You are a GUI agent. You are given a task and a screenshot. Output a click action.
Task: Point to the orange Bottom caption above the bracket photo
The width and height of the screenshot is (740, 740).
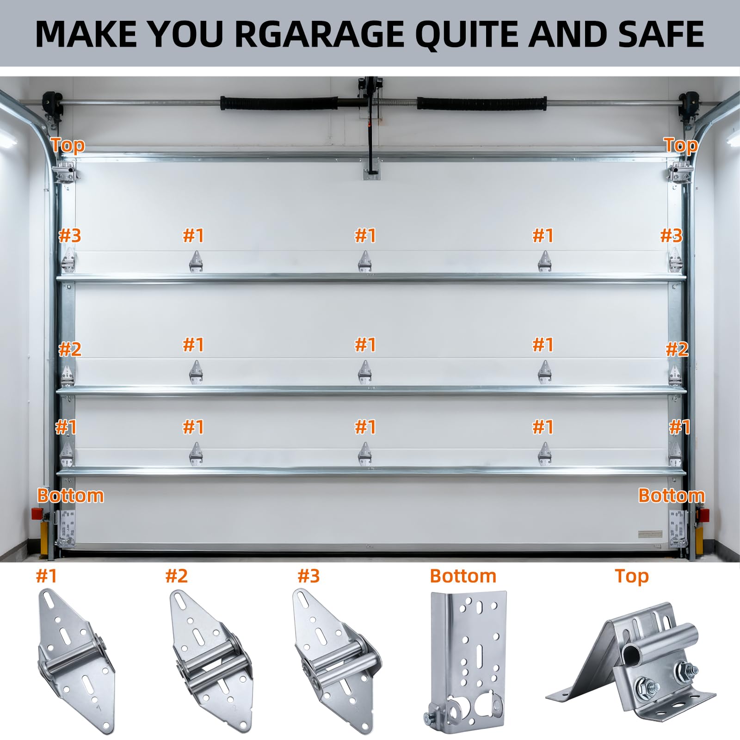click(x=463, y=576)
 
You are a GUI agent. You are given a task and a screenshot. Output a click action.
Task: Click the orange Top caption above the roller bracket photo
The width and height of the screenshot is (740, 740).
click(x=632, y=576)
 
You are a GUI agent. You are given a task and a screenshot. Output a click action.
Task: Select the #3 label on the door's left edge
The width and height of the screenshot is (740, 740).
click(x=70, y=235)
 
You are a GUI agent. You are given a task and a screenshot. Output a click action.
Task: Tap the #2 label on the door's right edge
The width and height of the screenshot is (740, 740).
click(x=677, y=349)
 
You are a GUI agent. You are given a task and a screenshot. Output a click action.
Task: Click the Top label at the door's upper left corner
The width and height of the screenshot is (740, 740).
click(x=68, y=145)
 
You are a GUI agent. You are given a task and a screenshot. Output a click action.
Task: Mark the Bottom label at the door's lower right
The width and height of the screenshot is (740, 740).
click(x=672, y=495)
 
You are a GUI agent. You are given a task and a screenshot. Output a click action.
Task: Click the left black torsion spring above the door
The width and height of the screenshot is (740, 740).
click(x=279, y=103)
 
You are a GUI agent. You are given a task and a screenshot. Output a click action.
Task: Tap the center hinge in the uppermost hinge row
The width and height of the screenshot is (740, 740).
click(x=365, y=262)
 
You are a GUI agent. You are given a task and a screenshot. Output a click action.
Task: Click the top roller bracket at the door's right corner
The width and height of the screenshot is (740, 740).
click(x=677, y=172)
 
